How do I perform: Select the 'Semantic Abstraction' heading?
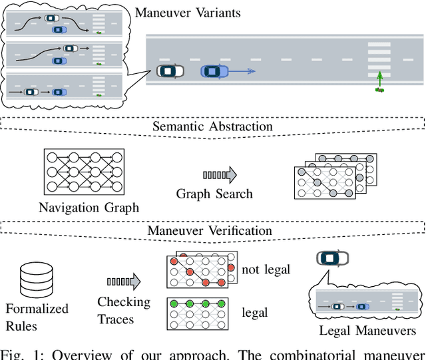point(213,126)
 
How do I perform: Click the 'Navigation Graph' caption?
point(89,208)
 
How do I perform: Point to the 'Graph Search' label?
point(214,194)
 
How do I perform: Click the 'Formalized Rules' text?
point(37,316)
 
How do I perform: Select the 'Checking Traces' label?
point(124,310)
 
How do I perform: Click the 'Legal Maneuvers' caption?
point(367,331)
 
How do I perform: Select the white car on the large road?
point(170,71)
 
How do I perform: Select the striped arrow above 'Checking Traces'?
point(124,281)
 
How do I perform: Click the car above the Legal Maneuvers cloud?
point(333,258)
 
